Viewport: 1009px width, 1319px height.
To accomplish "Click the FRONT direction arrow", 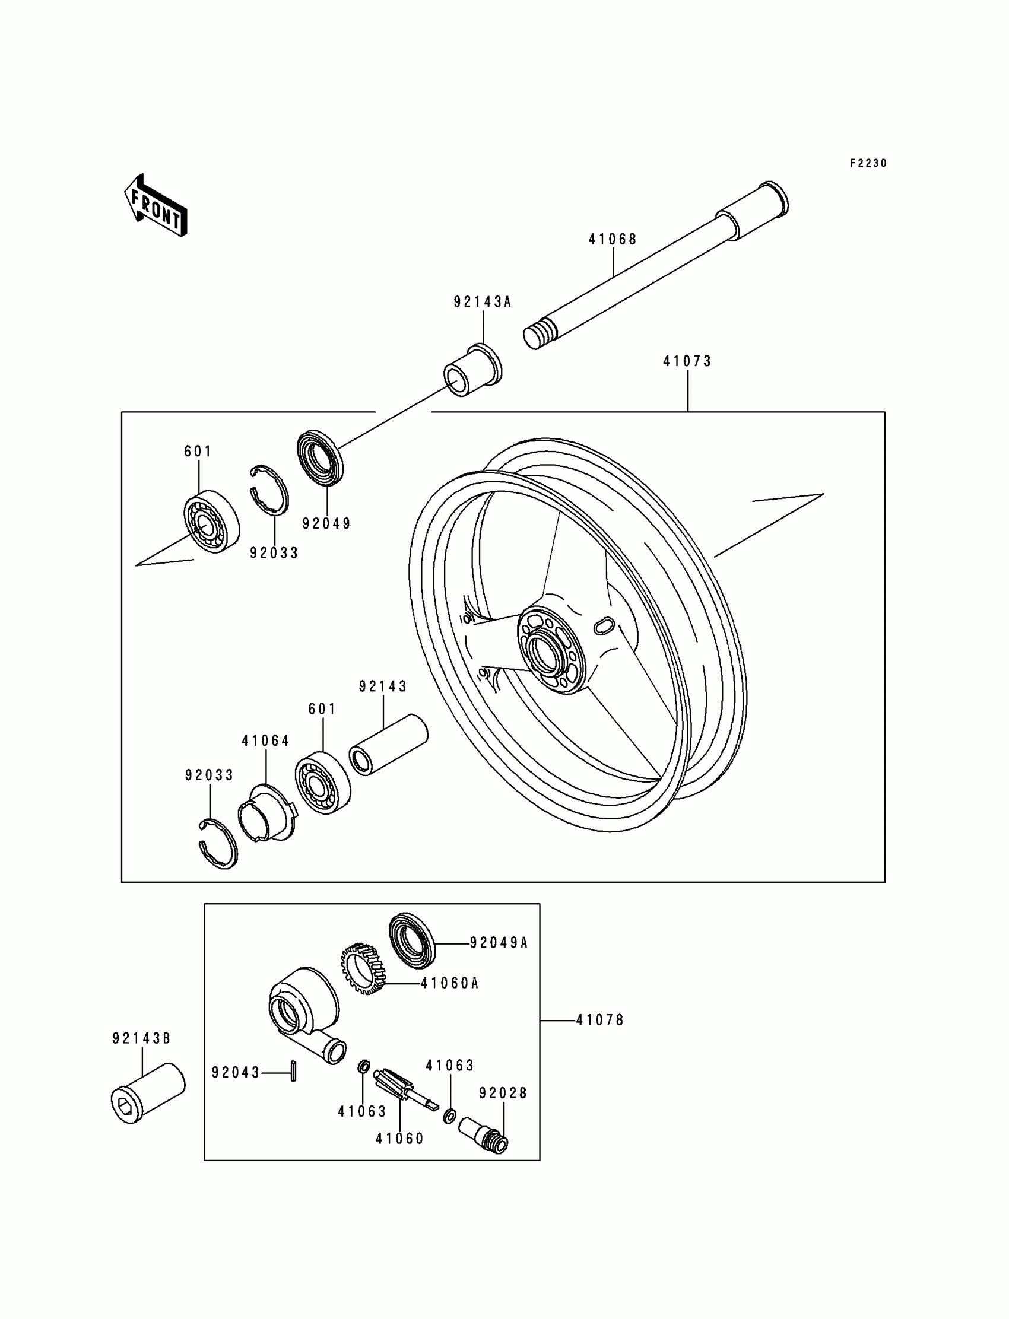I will [x=156, y=205].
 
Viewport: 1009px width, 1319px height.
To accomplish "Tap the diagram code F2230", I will [x=868, y=163].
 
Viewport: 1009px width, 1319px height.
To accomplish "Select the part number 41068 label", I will [x=612, y=240].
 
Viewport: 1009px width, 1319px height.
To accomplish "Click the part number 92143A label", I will [x=483, y=302].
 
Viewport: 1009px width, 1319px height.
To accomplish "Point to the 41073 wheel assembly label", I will [x=687, y=361].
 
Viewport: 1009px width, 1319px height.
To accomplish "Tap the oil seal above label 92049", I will [x=321, y=457].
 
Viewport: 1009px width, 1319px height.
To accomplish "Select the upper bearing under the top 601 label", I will [x=211, y=521].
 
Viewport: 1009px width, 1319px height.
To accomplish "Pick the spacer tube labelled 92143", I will [x=389, y=744].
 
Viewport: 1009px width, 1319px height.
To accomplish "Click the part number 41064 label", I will [x=265, y=741].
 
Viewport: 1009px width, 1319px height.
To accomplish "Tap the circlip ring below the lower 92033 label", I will [x=218, y=843].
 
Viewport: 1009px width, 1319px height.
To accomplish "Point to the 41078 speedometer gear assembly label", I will [x=600, y=1020].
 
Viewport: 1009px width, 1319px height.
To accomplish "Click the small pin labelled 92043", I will [x=293, y=1072].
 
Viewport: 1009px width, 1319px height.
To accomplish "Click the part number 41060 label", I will [x=399, y=1139].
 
